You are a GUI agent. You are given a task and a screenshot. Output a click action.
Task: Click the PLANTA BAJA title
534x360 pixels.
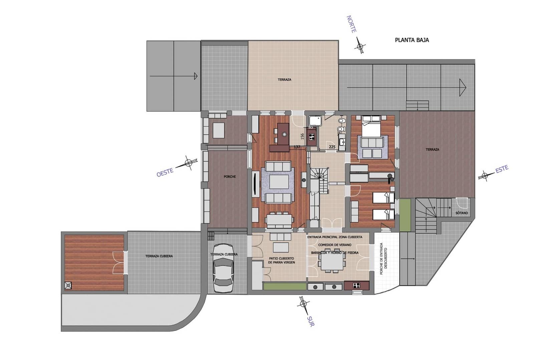[412, 40]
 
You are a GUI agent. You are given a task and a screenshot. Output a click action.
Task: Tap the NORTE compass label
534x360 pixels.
[351, 24]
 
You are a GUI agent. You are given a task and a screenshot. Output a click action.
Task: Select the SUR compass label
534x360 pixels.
[310, 321]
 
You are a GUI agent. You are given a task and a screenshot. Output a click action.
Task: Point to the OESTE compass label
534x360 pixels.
[165, 172]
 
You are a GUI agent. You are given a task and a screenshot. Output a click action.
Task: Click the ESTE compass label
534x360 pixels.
[502, 169]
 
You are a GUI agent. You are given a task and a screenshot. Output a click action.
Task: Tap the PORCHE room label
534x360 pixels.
[230, 177]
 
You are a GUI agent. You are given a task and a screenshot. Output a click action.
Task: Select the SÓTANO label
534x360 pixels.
[462, 213]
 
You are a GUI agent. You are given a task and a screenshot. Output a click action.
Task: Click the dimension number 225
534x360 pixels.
[332, 147]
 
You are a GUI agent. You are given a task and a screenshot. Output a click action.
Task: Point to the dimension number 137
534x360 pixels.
[297, 147]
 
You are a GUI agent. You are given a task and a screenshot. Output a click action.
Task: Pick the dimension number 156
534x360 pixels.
[302, 136]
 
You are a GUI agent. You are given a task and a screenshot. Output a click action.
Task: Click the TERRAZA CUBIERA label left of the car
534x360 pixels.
[159, 256]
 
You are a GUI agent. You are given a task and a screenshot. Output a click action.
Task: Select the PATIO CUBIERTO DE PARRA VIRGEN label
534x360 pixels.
[281, 260]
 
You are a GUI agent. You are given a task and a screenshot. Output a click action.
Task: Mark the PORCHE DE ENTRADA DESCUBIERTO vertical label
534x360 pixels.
[384, 261]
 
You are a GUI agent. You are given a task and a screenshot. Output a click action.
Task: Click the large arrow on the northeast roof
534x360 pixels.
[462, 87]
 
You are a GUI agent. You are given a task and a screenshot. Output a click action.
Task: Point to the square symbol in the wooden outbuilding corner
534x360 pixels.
[68, 285]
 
